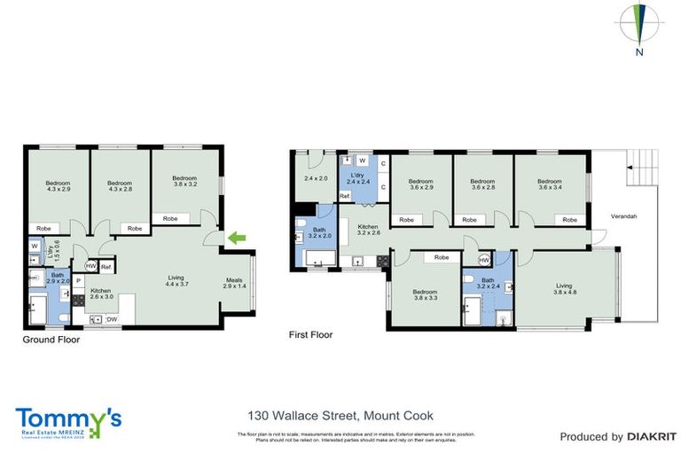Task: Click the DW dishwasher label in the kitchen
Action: click(x=113, y=320)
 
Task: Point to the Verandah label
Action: click(x=624, y=217)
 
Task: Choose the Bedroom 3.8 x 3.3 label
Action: click(x=425, y=294)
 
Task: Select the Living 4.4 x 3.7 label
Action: click(x=176, y=282)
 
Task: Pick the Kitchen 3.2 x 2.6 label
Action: click(x=368, y=231)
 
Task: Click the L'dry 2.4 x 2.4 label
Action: click(x=357, y=179)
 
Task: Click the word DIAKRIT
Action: click(x=652, y=436)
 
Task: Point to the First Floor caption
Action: click(x=310, y=335)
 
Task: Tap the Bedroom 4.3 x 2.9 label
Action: click(x=58, y=187)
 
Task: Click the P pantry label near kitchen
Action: click(x=78, y=280)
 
